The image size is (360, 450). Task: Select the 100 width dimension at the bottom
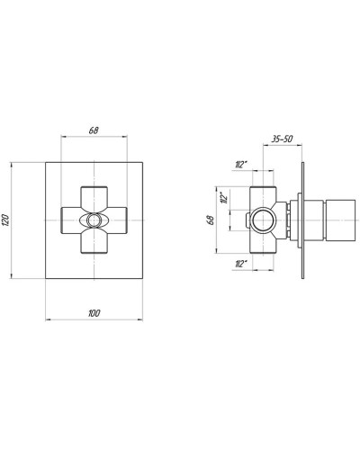[x=94, y=312]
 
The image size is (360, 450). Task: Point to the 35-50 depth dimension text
[x=281, y=139]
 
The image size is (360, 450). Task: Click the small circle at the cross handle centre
[x=94, y=220]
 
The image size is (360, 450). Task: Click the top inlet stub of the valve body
[x=262, y=191]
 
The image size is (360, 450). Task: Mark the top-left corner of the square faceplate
[x=44, y=161]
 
